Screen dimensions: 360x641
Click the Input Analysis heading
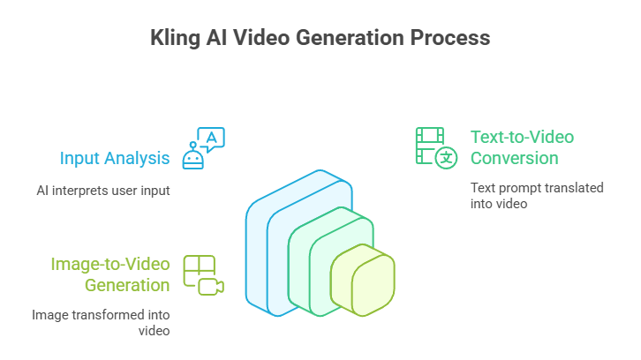click(115, 159)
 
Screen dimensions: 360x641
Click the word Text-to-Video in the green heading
click(522, 137)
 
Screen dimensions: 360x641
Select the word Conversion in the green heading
click(514, 159)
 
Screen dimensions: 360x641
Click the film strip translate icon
click(436, 146)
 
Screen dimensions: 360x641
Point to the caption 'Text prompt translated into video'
click(513, 194)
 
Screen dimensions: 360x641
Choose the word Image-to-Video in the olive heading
click(110, 264)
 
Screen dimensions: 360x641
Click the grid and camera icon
click(203, 274)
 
